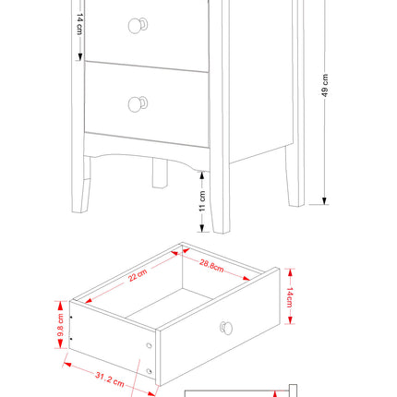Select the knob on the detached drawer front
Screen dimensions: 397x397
[226, 328]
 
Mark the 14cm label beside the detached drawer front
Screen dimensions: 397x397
[289, 296]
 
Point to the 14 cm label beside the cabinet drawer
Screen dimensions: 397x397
[78, 25]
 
